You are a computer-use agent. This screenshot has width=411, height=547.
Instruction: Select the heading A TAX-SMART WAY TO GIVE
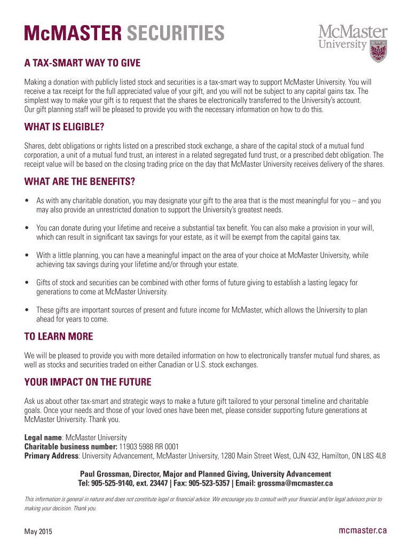coord(82,64)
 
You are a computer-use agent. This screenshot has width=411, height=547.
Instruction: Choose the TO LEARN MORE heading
coord(59,337)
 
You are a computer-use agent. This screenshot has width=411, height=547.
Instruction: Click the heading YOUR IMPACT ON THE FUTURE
coord(88,382)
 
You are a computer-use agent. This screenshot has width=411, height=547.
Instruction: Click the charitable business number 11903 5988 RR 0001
coord(149,447)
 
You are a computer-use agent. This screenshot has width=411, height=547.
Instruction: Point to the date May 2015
coord(38,532)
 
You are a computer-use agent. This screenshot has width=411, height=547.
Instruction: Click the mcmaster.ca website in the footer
coord(363,530)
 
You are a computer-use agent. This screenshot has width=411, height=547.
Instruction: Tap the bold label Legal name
coord(43,437)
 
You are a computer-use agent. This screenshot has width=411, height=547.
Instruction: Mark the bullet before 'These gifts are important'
coord(27,310)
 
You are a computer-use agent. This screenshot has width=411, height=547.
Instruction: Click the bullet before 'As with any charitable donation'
coord(27,201)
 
